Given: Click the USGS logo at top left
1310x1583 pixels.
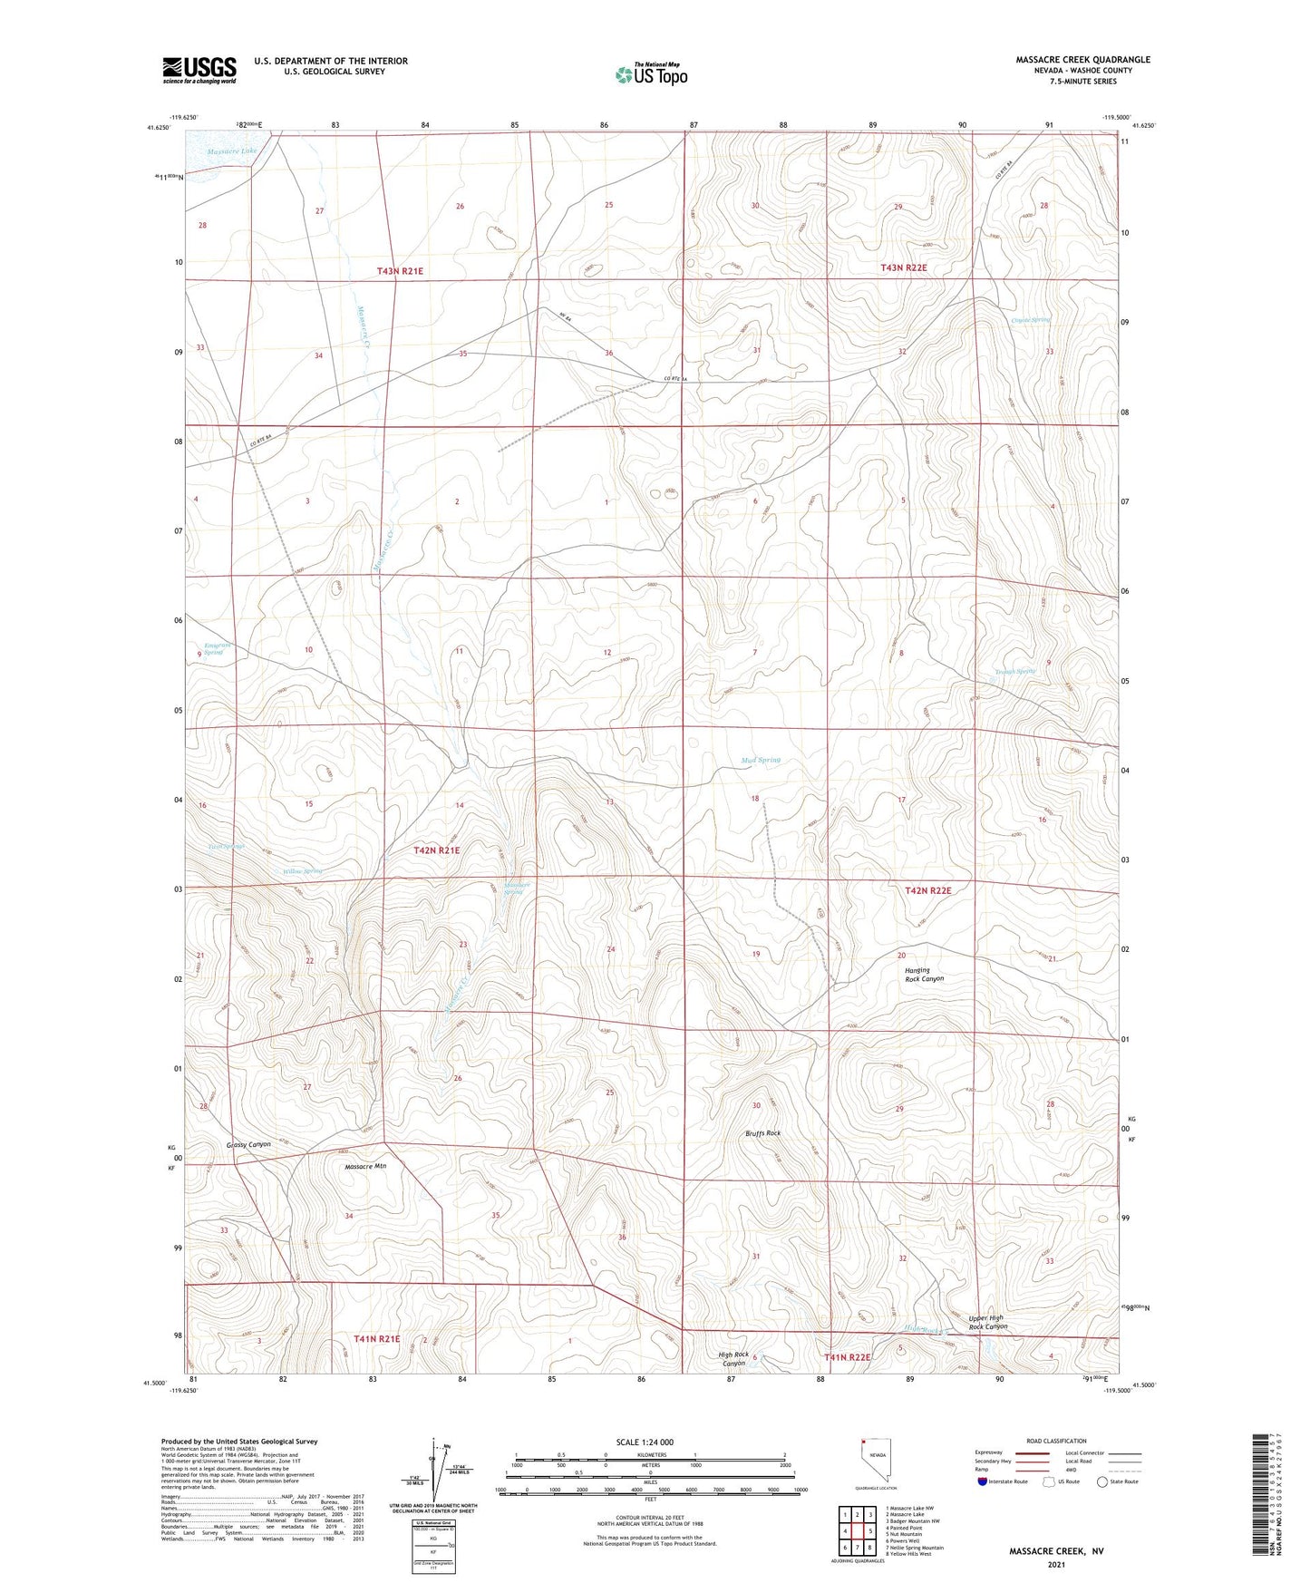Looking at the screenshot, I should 199,70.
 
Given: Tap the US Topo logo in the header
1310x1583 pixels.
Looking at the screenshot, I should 651,75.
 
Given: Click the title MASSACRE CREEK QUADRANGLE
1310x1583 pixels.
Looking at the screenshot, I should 1082,60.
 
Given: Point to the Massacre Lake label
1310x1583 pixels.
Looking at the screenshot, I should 231,151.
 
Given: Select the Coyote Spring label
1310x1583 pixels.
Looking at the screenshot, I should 1031,320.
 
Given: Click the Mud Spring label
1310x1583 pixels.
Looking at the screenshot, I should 761,760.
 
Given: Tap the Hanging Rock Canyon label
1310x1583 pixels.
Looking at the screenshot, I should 924,975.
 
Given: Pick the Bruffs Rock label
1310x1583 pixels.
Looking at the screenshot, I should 762,1133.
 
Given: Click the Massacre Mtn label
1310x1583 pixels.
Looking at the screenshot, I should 365,1167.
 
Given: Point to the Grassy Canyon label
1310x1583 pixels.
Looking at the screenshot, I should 248,1144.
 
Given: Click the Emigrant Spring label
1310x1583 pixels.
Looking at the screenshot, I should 214,648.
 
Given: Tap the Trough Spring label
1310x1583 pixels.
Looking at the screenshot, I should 1014,672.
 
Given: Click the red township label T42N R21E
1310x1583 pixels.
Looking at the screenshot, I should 437,850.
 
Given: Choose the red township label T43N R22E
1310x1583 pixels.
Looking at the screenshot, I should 904,268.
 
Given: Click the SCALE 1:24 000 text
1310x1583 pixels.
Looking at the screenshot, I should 644,1442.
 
